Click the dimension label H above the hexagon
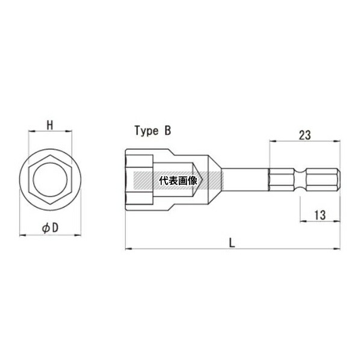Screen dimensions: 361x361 coord(50,126)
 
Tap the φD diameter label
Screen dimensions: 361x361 coord(50,227)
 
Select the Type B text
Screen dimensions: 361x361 coord(153,131)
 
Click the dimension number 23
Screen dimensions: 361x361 coord(304,135)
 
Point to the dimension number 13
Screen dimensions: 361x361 coord(320,215)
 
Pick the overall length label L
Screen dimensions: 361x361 coord(232,242)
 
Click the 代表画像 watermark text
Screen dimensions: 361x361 coord(178,180)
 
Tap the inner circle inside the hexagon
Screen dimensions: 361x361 coord(50,162)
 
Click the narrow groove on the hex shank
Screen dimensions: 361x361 coord(300,179)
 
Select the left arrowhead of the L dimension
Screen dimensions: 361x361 coord(128,248)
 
